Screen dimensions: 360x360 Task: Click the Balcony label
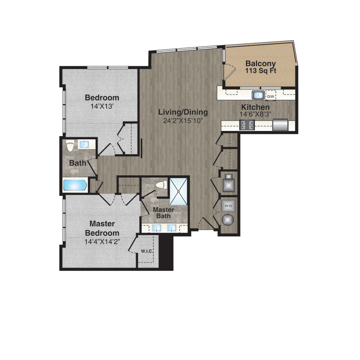click(x=261, y=64)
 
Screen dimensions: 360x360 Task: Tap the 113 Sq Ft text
click(x=261, y=71)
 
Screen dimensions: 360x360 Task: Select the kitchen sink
click(x=258, y=95)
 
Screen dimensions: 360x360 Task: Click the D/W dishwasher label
click(x=271, y=96)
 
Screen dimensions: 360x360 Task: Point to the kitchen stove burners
click(x=247, y=125)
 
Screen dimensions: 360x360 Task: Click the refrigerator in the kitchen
click(x=280, y=125)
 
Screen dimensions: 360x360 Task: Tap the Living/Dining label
click(x=183, y=112)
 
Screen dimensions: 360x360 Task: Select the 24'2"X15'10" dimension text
click(x=183, y=121)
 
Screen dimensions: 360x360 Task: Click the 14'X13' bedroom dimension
click(x=102, y=106)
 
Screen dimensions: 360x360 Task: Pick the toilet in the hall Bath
click(x=69, y=146)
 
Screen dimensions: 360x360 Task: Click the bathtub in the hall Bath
click(x=75, y=185)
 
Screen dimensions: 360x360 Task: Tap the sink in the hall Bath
click(x=84, y=145)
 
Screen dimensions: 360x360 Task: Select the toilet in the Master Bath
click(x=161, y=185)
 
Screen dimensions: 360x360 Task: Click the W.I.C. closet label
click(x=147, y=251)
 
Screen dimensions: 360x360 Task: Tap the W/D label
click(x=228, y=206)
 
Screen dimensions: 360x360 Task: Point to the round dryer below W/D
click(x=228, y=220)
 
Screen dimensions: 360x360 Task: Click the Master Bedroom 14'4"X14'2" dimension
click(x=102, y=242)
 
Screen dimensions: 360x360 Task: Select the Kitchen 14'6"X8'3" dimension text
click(x=256, y=114)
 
